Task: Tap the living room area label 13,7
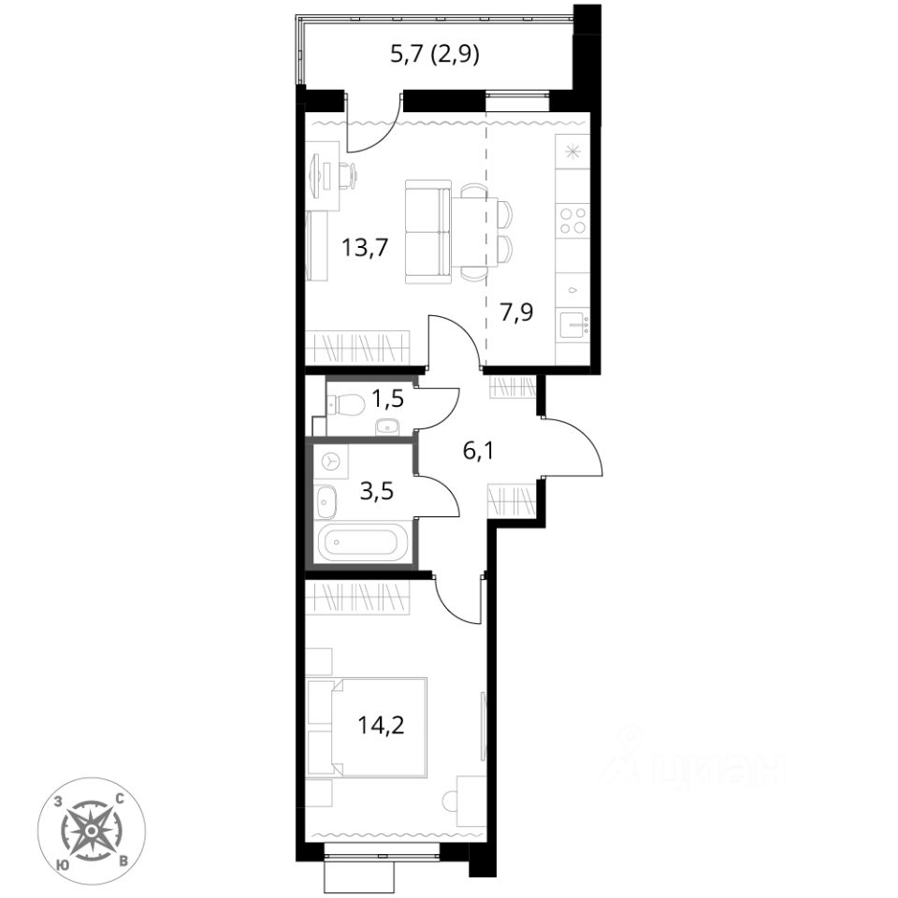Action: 365,249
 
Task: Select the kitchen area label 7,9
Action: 516,312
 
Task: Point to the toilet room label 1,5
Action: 387,398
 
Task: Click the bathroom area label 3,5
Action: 377,491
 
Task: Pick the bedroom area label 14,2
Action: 381,725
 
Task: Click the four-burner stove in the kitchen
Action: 572,221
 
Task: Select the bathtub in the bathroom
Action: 357,543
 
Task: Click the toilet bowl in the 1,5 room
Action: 346,405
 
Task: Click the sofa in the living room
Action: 427,231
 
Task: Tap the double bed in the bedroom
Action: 367,727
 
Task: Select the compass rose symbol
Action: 91,831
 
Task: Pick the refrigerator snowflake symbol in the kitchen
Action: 572,152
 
